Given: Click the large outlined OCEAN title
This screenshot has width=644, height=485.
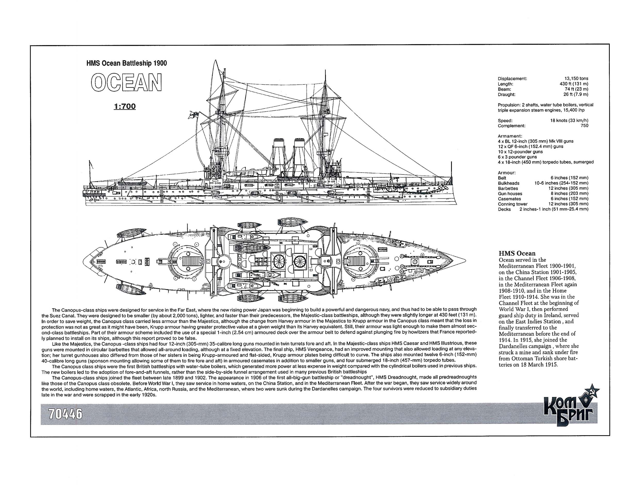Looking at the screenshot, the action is coord(126,82).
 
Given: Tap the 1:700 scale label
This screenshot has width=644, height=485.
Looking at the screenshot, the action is coord(125,106).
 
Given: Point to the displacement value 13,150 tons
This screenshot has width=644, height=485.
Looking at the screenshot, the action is coord(576,78).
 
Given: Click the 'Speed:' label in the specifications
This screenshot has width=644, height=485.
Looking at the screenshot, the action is coord(505,121).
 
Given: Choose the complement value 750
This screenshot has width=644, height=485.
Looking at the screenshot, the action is coord(584,126).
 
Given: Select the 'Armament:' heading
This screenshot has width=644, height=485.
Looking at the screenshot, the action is coord(510,136).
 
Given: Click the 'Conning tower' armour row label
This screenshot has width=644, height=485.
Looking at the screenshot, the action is coord(512,204).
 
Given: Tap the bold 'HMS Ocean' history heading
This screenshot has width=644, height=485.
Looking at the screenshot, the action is coord(517,253).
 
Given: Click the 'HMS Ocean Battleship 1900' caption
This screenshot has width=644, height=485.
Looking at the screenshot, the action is coord(127,63).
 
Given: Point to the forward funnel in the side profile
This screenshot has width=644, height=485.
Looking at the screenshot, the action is coord(300,157).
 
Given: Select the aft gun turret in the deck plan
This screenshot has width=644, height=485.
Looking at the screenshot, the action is coord(190,261).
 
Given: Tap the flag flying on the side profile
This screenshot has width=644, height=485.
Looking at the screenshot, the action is coord(193,113).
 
